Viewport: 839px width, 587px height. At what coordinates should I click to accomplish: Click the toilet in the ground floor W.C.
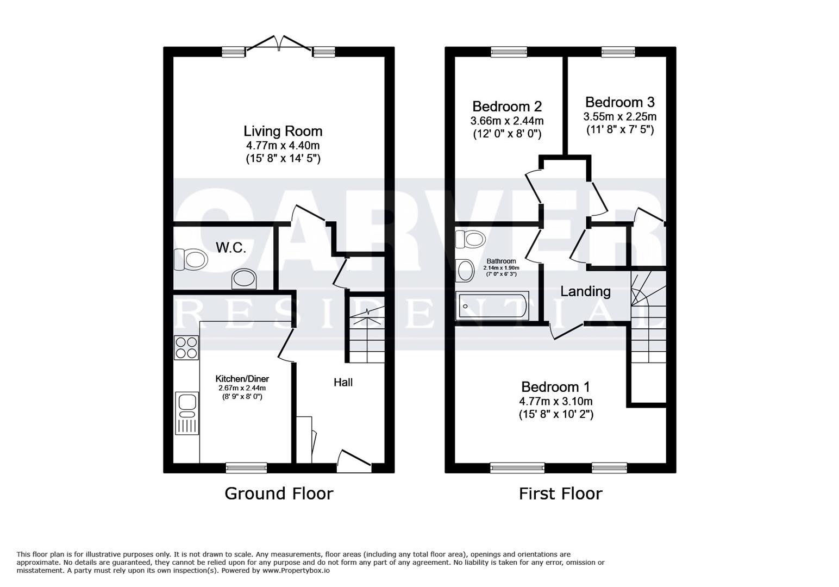click(191, 259)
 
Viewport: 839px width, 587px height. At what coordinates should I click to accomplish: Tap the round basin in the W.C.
click(244, 279)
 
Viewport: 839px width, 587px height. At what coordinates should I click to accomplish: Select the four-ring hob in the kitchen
click(186, 348)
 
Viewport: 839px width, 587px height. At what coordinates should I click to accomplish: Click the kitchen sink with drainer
click(187, 413)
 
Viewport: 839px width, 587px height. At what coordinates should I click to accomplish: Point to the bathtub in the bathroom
click(492, 306)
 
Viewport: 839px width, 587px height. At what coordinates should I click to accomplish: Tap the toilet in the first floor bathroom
click(471, 239)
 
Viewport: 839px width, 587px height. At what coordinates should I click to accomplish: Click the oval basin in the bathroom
click(465, 271)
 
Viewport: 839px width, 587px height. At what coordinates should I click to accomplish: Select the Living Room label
click(283, 131)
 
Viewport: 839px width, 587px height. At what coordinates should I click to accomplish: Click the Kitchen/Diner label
click(242, 379)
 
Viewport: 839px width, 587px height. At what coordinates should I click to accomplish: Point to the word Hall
click(343, 382)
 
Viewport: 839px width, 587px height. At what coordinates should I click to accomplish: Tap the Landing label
click(585, 291)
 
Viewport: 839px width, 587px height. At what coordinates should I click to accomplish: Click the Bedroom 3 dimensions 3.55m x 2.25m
click(620, 116)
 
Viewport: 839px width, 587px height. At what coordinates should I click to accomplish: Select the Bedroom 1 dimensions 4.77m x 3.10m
click(556, 401)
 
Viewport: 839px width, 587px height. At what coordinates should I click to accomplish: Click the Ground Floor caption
click(279, 494)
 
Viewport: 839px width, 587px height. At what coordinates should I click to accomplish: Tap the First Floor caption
click(561, 494)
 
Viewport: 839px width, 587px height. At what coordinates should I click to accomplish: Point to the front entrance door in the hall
click(354, 461)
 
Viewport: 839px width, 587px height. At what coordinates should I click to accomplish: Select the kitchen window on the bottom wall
click(247, 467)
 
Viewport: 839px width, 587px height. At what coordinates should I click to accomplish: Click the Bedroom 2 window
click(509, 52)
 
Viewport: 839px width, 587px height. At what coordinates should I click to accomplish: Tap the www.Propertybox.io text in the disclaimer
click(296, 571)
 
